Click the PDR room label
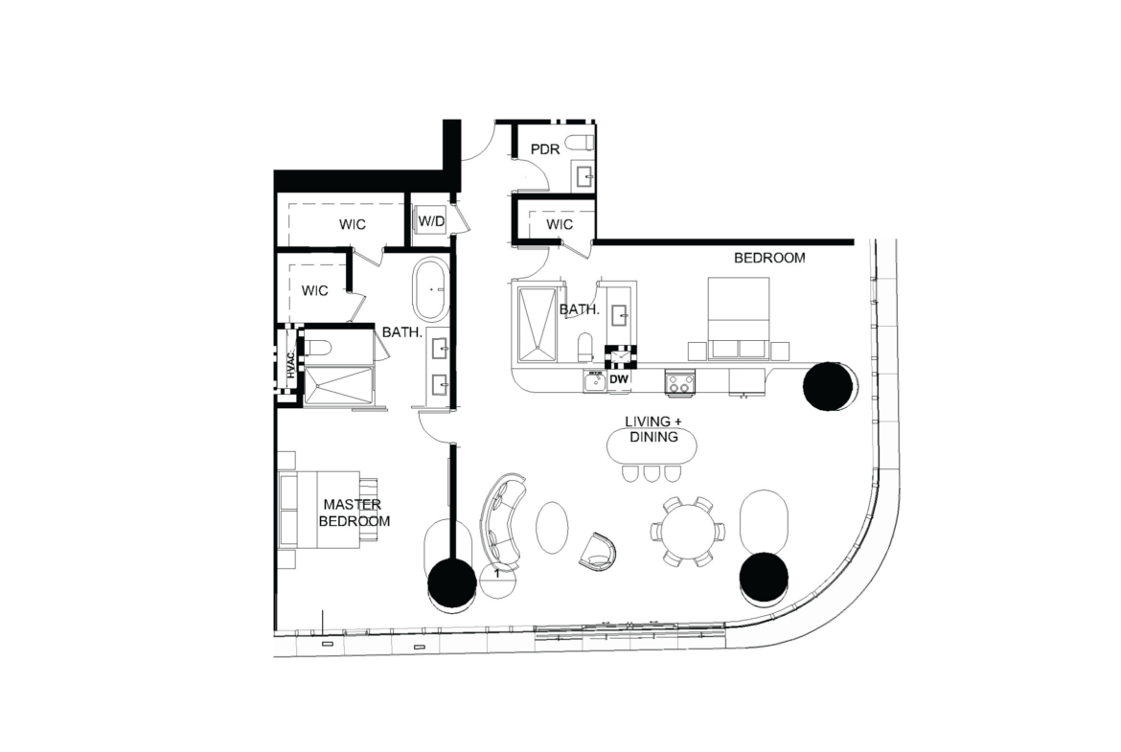point(545,149)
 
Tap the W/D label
point(431,221)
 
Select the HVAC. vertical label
point(291,365)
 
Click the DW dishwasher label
point(619,379)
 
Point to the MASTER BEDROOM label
point(355,513)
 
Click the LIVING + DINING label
point(652,429)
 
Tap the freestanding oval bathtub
point(430,289)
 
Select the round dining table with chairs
point(687,532)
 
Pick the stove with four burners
point(680,382)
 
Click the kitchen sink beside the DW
point(594,381)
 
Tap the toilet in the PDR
point(580,143)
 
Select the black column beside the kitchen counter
point(828,386)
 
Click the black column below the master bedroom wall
point(452,583)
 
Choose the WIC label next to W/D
point(353,224)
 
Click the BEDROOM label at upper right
point(769,258)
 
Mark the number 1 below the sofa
point(497,573)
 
